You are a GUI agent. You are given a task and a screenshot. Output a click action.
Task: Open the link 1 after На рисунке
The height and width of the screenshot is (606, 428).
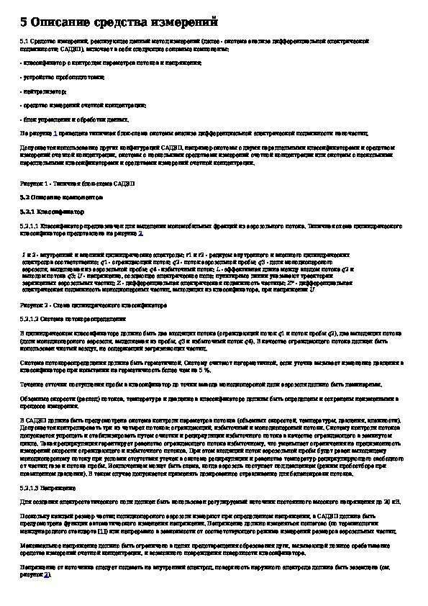55,133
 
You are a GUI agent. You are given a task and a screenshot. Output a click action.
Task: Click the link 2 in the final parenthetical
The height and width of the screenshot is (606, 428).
45,575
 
